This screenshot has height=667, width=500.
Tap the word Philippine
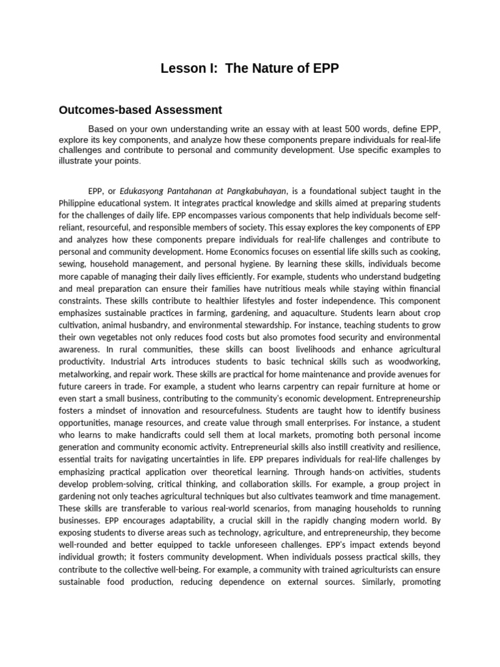pos(79,203)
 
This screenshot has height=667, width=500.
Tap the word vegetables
pos(130,336)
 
